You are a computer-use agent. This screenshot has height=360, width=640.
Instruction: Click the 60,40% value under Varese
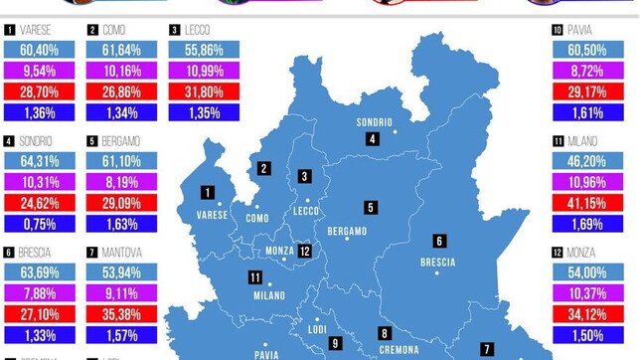(x=40, y=50)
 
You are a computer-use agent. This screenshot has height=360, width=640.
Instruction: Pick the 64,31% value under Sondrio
(x=40, y=162)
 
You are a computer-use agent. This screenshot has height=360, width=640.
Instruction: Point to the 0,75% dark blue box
(x=40, y=223)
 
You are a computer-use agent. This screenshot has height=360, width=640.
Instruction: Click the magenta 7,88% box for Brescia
(x=40, y=293)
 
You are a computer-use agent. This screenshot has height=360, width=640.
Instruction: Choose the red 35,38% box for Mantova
(x=121, y=314)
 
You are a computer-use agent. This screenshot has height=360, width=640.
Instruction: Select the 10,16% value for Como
(x=121, y=71)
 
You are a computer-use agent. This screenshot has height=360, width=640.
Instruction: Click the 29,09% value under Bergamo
(x=121, y=203)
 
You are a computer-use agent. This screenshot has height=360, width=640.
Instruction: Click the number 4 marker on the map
(x=372, y=139)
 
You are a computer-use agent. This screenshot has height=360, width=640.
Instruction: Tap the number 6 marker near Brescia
(x=438, y=241)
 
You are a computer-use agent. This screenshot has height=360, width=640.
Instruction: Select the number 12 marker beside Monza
(x=305, y=252)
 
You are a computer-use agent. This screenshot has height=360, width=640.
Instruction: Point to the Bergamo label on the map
(x=347, y=231)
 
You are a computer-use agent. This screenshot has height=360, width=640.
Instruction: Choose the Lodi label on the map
(x=317, y=329)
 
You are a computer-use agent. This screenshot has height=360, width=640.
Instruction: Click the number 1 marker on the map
(x=207, y=193)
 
